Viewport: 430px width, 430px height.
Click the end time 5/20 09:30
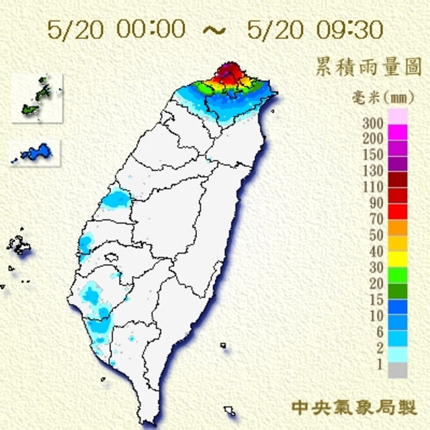click(x=314, y=30)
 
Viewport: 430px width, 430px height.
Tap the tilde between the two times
click(x=214, y=30)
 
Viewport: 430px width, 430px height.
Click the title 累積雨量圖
click(x=368, y=67)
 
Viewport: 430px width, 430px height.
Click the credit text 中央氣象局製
click(x=354, y=407)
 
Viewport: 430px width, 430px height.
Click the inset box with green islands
click(x=37, y=98)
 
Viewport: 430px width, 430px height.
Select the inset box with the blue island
click(x=36, y=153)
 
